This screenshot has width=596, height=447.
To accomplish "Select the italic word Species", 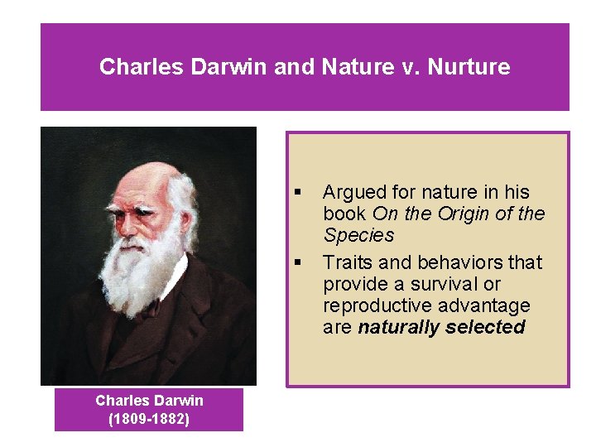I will click(x=358, y=235).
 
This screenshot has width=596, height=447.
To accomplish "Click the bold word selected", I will click(x=485, y=327).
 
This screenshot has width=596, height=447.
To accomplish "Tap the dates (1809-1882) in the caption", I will click(x=149, y=419).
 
